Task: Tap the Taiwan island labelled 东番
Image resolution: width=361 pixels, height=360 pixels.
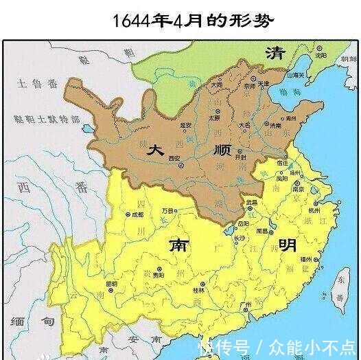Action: pyautogui.click(x=340, y=289)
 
